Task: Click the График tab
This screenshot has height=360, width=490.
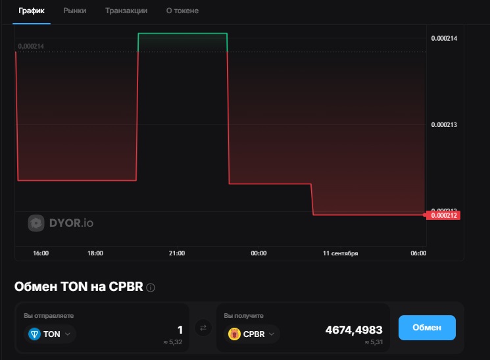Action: pyautogui.click(x=32, y=11)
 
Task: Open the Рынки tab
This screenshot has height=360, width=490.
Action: pyautogui.click(x=74, y=11)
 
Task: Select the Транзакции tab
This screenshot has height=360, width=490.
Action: pyautogui.click(x=126, y=11)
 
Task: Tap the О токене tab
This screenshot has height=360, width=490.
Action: pyautogui.click(x=182, y=11)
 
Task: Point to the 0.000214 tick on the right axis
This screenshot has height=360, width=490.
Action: pyautogui.click(x=444, y=38)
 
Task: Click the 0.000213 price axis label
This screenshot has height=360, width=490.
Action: pyautogui.click(x=444, y=124)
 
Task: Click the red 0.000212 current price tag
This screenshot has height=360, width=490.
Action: pyautogui.click(x=443, y=215)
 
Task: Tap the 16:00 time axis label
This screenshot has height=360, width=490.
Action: pyautogui.click(x=41, y=253)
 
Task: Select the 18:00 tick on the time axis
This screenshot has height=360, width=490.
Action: pyautogui.click(x=95, y=253)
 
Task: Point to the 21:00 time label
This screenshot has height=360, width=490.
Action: pyautogui.click(x=176, y=253)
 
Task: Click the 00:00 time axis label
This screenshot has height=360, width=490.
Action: pyautogui.click(x=258, y=253)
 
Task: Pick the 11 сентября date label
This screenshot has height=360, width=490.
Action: pyautogui.click(x=340, y=253)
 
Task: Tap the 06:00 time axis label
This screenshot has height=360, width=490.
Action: pyautogui.click(x=418, y=253)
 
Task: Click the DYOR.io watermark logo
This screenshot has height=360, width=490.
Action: pyautogui.click(x=61, y=223)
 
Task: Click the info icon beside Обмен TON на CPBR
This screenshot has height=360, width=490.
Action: pyautogui.click(x=151, y=288)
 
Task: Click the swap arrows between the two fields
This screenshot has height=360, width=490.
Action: pyautogui.click(x=203, y=327)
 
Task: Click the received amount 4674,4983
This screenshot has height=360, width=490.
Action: pyautogui.click(x=353, y=330)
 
